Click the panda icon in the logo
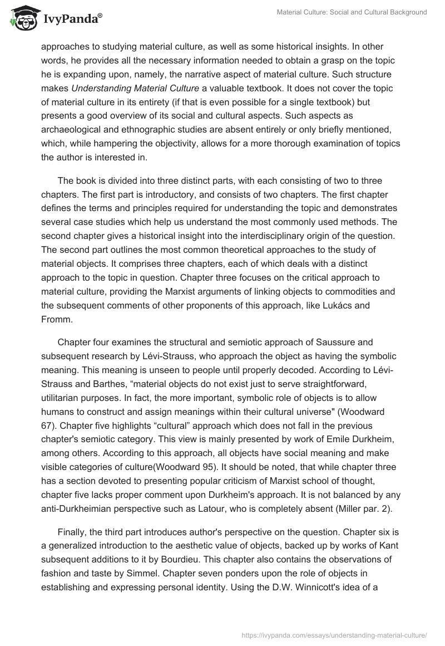(x=22, y=19)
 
